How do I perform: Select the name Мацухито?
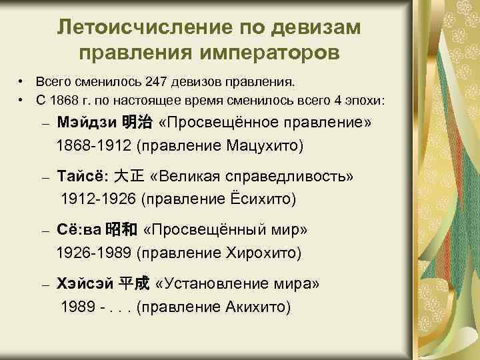(x=257, y=145)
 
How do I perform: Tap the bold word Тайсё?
(x=83, y=177)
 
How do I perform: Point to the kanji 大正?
(x=129, y=177)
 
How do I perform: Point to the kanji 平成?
(x=133, y=284)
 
